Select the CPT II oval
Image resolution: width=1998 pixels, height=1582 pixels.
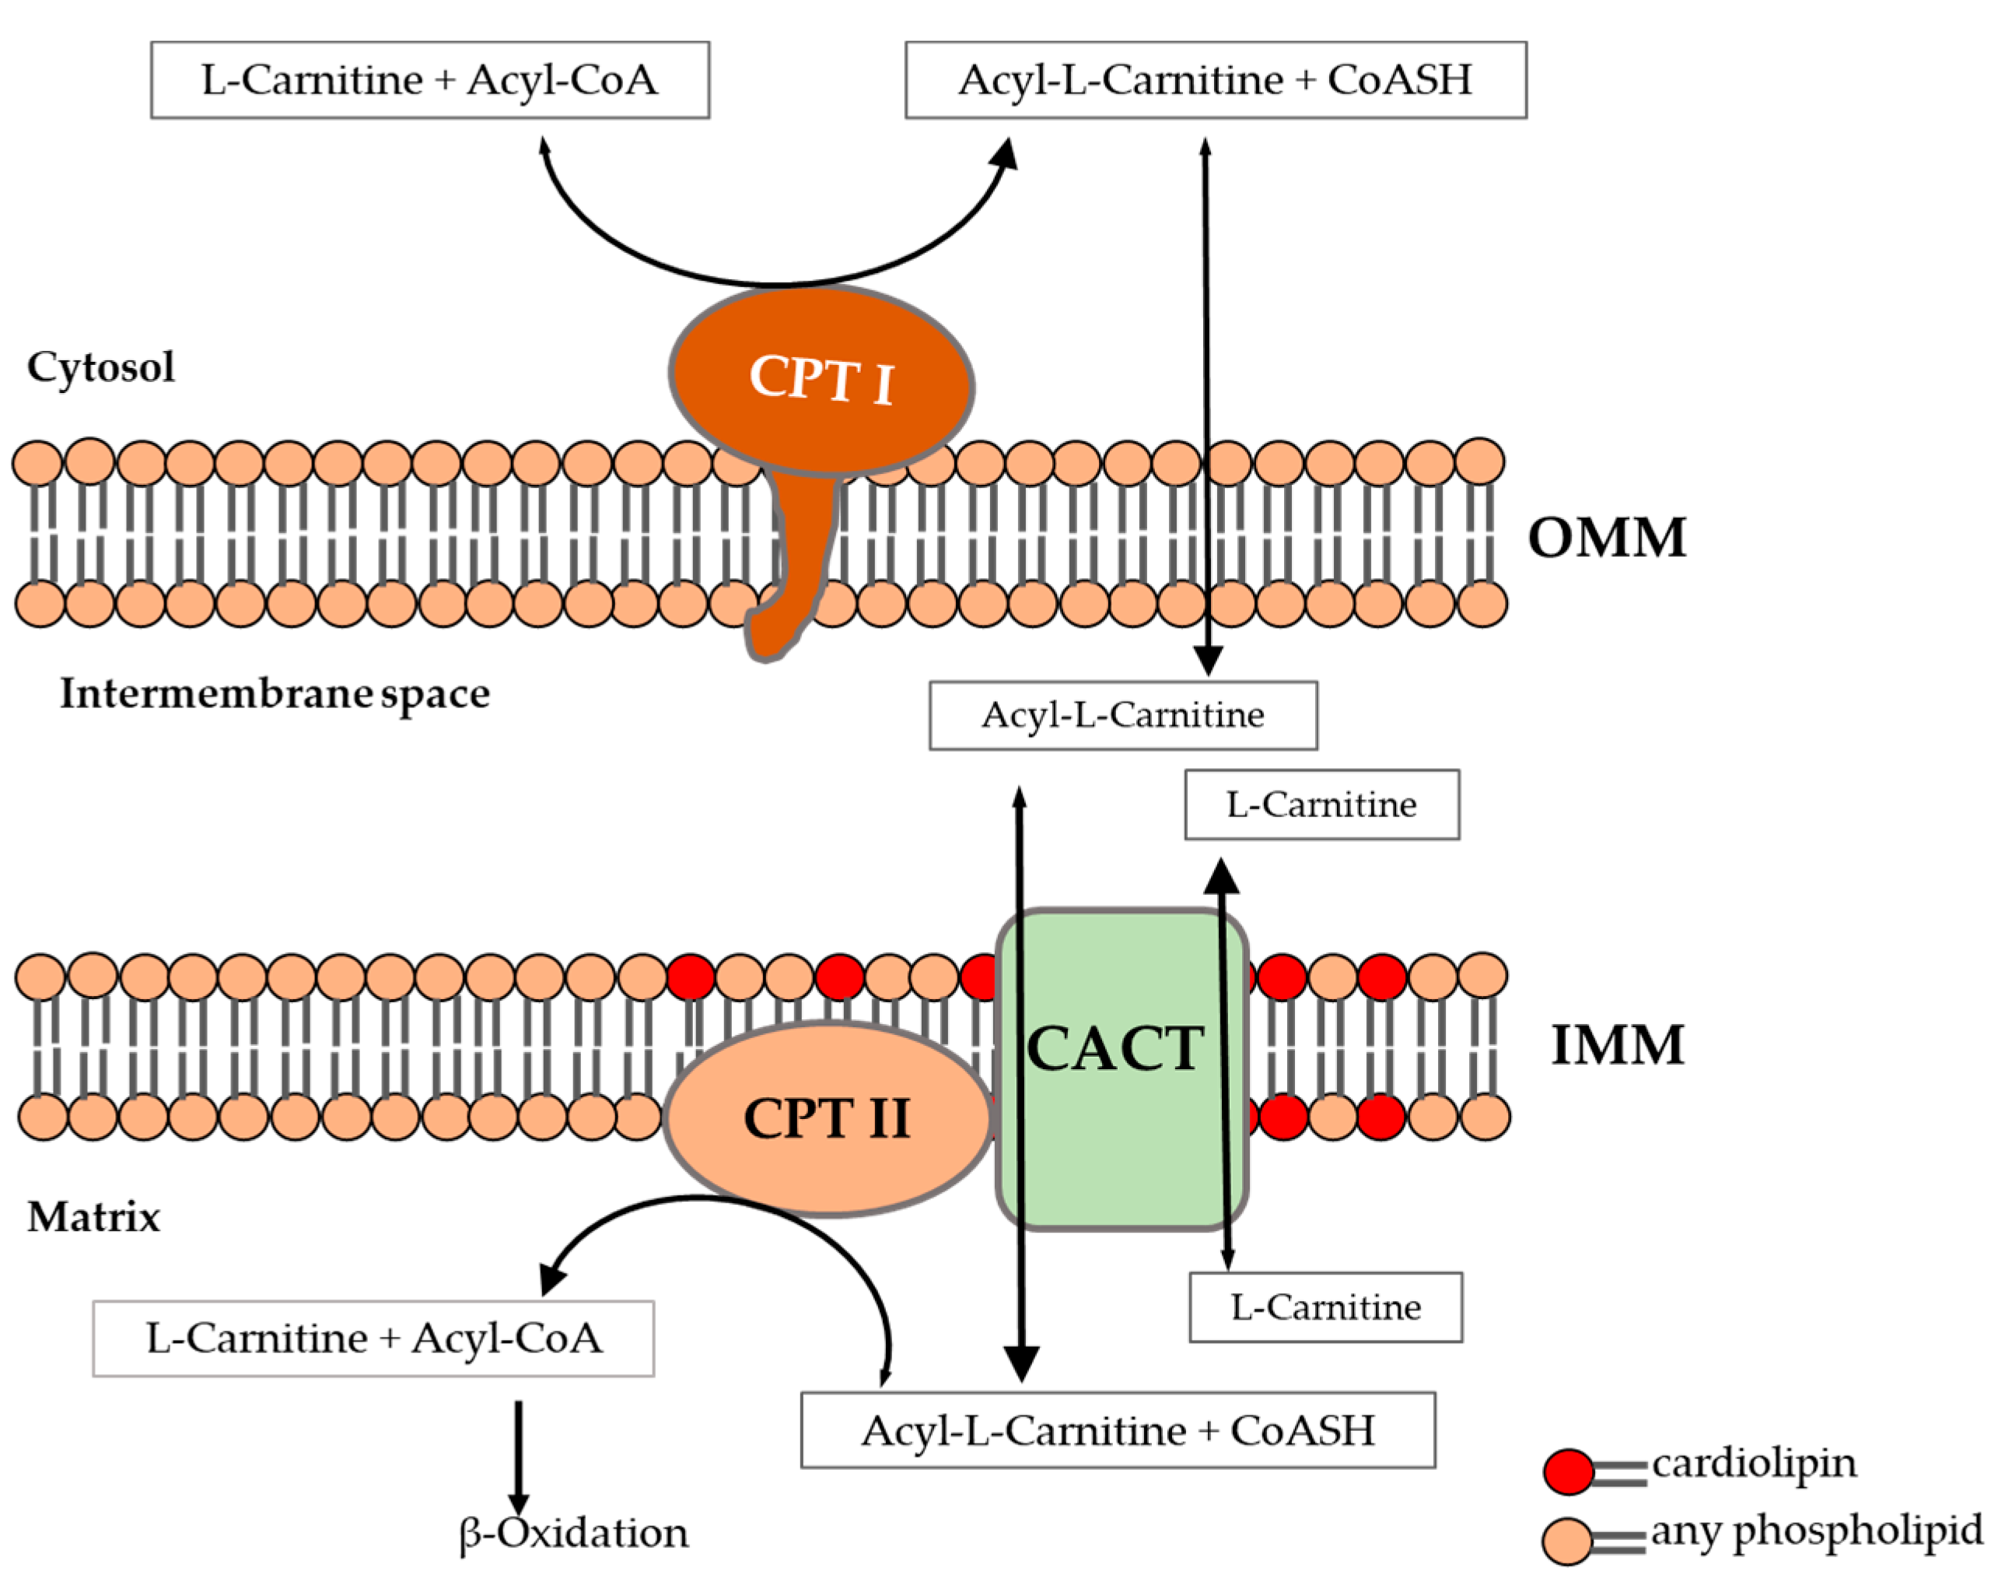pyautogui.click(x=827, y=1118)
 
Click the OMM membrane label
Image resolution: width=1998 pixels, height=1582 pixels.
pyautogui.click(x=1606, y=538)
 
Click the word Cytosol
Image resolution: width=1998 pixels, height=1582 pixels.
pyautogui.click(x=100, y=367)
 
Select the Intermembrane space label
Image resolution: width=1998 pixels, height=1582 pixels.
pyautogui.click(x=275, y=694)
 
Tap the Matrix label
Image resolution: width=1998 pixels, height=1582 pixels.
pyautogui.click(x=93, y=1217)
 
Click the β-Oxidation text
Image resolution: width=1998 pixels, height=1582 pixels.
pyautogui.click(x=574, y=1533)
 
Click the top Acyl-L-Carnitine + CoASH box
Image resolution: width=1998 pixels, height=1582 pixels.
pyautogui.click(x=1215, y=79)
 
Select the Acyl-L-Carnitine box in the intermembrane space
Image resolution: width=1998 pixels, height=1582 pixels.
pyautogui.click(x=1122, y=715)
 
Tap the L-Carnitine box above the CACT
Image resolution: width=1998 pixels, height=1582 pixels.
pyautogui.click(x=1321, y=804)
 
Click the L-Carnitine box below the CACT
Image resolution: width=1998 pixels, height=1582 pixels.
pyautogui.click(x=1325, y=1307)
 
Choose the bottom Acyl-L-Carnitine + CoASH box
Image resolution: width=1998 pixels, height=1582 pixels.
pyautogui.click(x=1117, y=1430)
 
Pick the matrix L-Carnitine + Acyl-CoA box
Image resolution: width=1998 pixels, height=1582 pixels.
pyautogui.click(x=373, y=1338)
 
